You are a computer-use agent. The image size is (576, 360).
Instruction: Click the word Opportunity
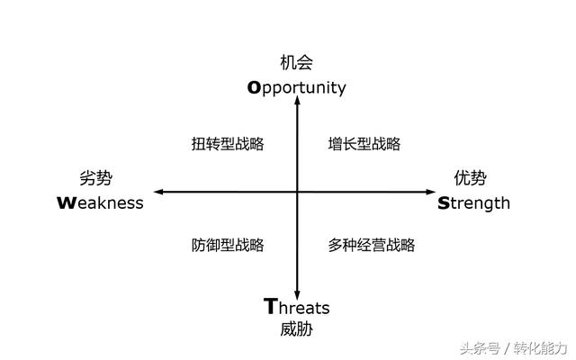[297, 87]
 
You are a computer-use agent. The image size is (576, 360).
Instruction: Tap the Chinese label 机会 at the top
[297, 63]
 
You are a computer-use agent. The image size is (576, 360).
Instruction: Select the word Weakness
[100, 202]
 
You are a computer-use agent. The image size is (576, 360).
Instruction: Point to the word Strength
[473, 202]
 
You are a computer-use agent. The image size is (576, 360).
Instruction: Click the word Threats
[297, 307]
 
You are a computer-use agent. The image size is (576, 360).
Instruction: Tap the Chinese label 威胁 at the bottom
[297, 329]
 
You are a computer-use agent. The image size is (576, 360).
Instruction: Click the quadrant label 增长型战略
[364, 144]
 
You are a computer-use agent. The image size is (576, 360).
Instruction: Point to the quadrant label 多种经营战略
[372, 245]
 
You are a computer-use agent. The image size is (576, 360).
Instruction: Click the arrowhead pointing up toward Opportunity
[297, 103]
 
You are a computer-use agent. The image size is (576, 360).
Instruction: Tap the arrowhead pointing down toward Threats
[297, 285]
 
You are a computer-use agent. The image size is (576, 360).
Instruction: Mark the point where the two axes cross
[297, 192]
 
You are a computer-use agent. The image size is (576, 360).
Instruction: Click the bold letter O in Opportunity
[255, 87]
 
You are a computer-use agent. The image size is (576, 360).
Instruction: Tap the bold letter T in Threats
[271, 306]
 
